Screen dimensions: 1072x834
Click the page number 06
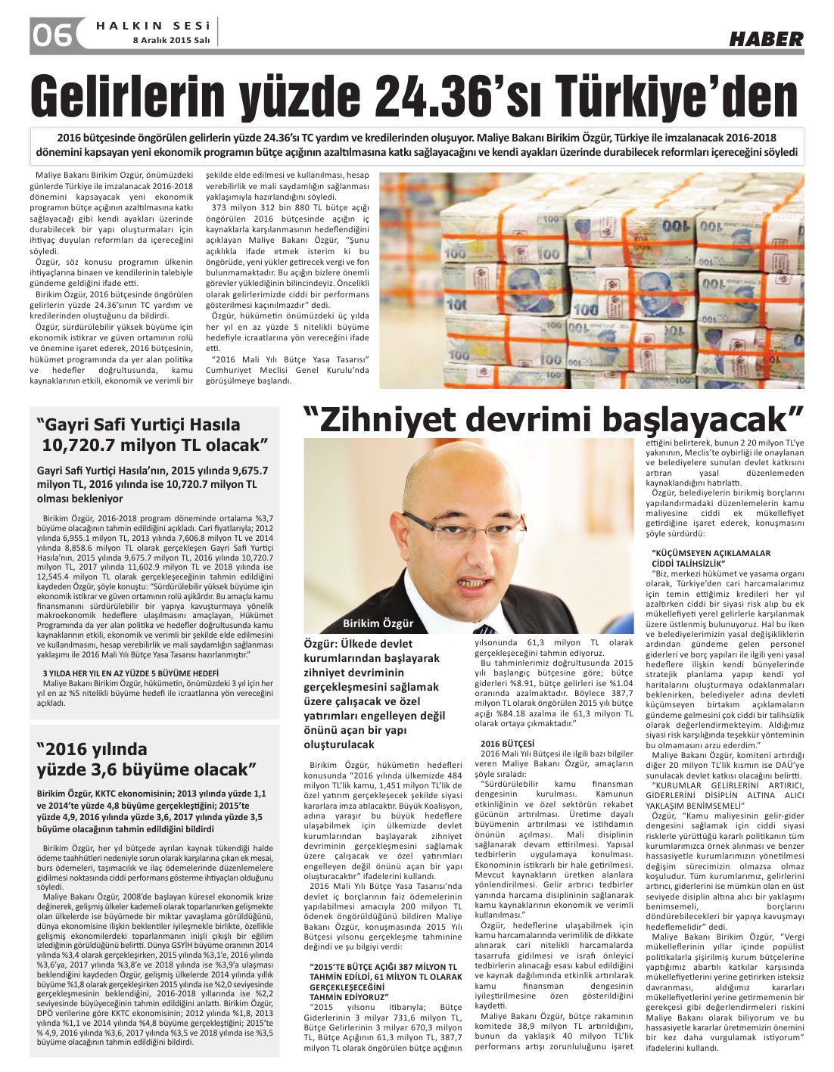(52, 34)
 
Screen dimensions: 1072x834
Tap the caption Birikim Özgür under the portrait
(378, 623)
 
